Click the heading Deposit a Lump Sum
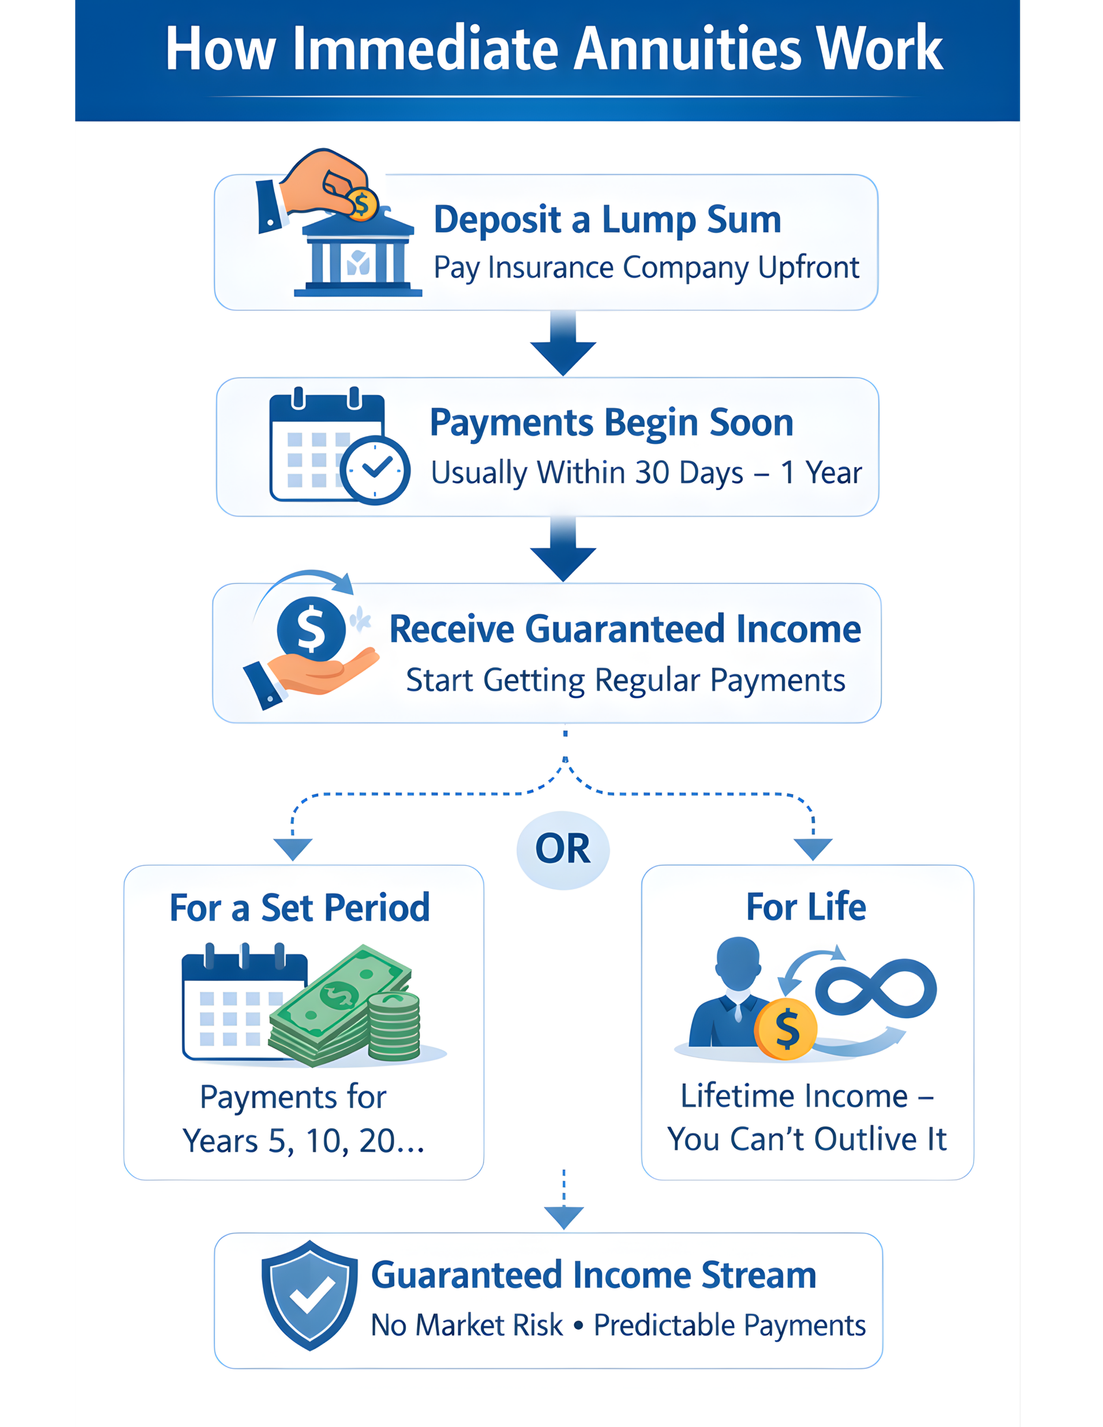point(607,220)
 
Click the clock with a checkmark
point(375,469)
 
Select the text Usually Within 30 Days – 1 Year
point(645,472)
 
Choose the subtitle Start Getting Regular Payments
point(625,680)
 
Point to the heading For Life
point(807,907)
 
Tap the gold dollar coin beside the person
point(786,1029)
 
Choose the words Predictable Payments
point(729,1326)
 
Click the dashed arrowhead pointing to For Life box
point(813,849)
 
